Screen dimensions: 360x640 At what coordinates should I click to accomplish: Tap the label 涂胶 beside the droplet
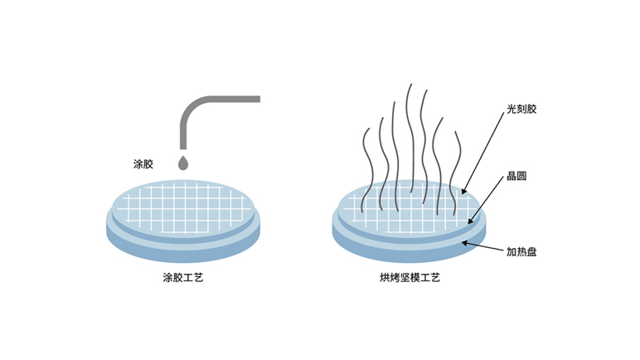coord(143,163)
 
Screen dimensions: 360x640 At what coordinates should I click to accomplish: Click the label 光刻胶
coord(522,109)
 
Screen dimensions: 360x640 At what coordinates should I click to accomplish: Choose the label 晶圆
coord(517,178)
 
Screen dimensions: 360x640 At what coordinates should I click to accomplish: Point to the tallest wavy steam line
coord(408,141)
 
